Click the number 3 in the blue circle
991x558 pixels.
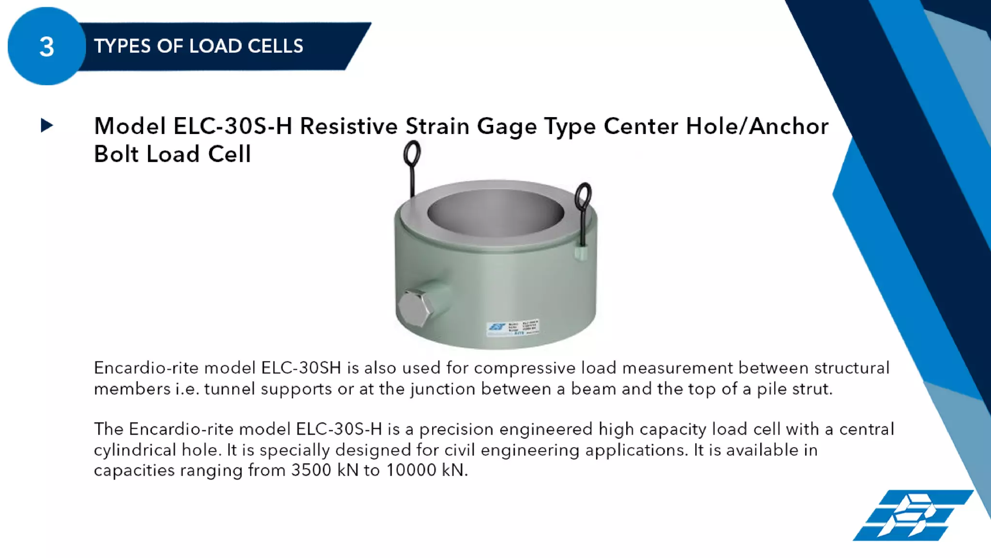(46, 47)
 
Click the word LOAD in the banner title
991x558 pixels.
(215, 46)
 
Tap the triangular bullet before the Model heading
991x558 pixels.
(47, 126)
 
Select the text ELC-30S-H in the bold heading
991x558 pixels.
(233, 126)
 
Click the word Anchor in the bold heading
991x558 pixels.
(789, 126)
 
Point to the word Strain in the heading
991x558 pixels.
(437, 126)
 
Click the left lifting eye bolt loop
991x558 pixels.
(412, 153)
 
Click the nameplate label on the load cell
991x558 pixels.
(512, 328)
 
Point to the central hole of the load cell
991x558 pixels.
(495, 213)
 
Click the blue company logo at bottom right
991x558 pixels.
(913, 515)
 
